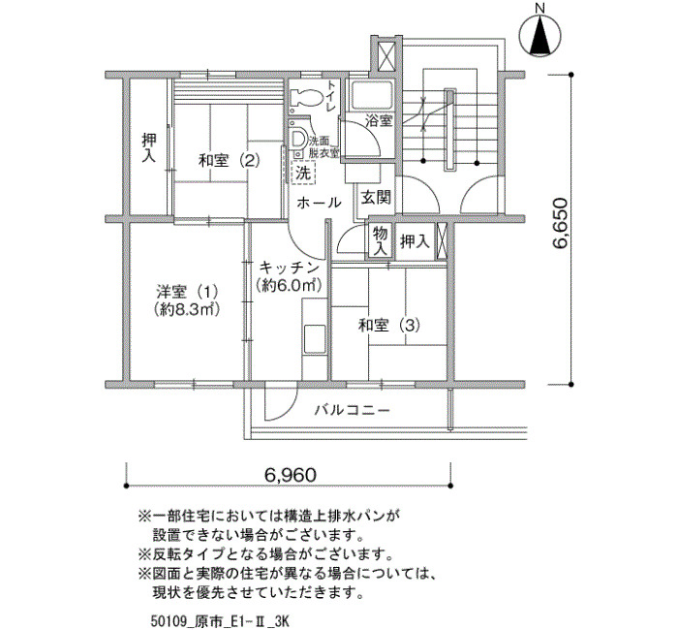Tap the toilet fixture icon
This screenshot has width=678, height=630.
pos(306,98)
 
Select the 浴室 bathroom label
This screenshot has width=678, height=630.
pos(379,120)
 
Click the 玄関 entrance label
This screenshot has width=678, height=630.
pos(376,198)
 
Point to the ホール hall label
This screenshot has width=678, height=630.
pos(320,202)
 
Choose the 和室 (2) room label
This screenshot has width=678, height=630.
pos(230,161)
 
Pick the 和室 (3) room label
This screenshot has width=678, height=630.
pos(389,325)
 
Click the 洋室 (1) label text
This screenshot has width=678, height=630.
pos(187,292)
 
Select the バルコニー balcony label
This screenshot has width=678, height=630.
pos(353,409)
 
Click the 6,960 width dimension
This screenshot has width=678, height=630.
pos(291,475)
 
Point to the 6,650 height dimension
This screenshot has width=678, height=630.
pos(560,224)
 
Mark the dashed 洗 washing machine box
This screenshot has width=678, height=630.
pos(303,173)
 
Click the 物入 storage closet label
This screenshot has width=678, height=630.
pos(381,241)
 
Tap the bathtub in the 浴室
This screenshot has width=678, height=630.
pos(371,96)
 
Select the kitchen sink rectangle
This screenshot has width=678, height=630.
pos(315,339)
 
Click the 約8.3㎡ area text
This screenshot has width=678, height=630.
pos(187,309)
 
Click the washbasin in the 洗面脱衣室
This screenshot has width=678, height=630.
pos(298,139)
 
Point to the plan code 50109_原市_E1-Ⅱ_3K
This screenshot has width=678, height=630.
pos(219,621)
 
